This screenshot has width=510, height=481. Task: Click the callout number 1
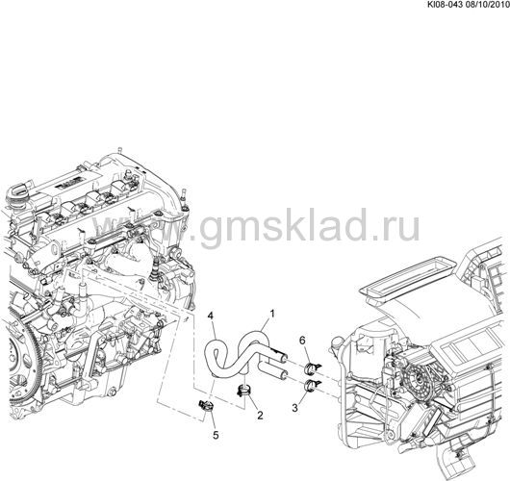(272, 314)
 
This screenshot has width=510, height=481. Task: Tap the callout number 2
(260, 415)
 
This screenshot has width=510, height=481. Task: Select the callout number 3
(295, 408)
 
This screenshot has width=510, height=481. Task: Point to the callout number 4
(211, 316)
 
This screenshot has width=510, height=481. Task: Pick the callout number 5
(216, 435)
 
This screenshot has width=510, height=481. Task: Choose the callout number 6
(302, 341)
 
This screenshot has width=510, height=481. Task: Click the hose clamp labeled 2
(243, 390)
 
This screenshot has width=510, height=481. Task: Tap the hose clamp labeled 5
(205, 406)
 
